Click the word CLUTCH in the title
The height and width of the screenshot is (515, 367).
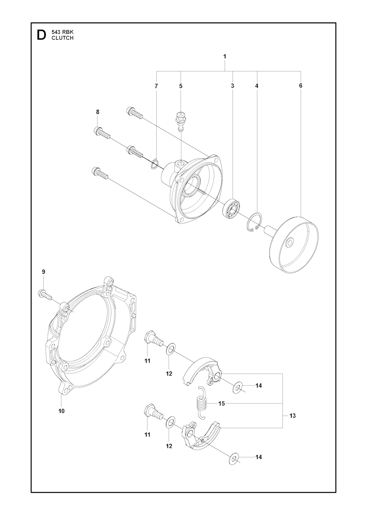point(62,38)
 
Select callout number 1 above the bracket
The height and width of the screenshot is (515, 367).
point(225,56)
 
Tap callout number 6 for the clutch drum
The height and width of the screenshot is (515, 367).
point(300,85)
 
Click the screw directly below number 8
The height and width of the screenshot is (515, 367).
point(103,134)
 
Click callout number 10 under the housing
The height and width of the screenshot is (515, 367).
point(61,411)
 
